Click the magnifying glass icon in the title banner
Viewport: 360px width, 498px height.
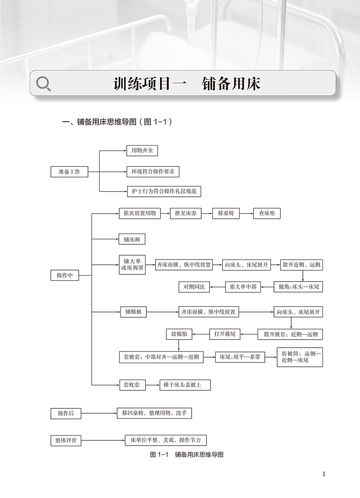pos(44,84)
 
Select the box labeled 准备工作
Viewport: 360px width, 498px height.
pos(70,172)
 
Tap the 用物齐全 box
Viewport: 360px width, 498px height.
pos(140,151)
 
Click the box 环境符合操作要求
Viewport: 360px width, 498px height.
pos(153,172)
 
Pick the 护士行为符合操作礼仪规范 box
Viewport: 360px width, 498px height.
pos(164,191)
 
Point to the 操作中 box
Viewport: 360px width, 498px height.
pos(65,275)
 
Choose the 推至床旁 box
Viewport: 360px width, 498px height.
pos(185,213)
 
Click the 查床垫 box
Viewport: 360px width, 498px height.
pos(267,213)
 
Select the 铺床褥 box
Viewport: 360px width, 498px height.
pos(132,239)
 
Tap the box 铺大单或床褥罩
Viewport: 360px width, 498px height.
pos(132,265)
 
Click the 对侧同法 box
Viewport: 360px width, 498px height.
pos(194,287)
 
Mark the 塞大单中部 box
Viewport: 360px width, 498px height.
pos(243,287)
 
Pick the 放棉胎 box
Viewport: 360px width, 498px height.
pos(179,334)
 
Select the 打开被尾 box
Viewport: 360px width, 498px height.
pos(225,334)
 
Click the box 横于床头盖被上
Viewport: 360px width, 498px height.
pos(185,385)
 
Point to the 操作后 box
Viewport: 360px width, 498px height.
pos(66,413)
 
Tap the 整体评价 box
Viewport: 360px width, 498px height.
pos(66,440)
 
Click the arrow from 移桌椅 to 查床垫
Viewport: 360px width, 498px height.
pos(246,213)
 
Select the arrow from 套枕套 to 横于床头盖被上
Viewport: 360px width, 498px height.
pos(152,385)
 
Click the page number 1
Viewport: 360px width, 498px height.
pos(324,474)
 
